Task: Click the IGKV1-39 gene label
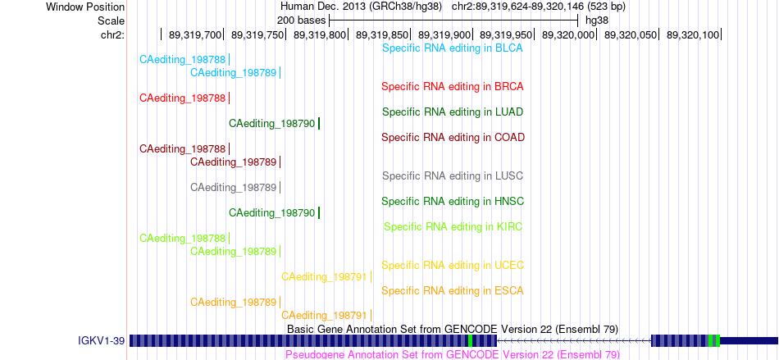102,340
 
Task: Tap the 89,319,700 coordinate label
195,34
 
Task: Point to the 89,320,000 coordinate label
567,34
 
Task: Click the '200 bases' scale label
301,21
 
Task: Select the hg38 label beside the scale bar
597,21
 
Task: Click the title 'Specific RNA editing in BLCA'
453,48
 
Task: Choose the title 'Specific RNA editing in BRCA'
453,86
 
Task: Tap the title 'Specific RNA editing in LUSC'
453,175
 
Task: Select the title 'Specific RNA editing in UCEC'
453,265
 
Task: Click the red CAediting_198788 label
183,98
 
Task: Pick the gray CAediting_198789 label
234,187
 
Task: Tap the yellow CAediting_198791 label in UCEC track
325,276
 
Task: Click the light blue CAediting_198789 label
234,72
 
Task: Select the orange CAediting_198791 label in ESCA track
325,315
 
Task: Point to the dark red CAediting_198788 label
183,148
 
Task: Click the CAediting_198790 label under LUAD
272,123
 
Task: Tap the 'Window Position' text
85,7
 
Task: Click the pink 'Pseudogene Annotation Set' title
453,354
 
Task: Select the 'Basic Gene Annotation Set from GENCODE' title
453,329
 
